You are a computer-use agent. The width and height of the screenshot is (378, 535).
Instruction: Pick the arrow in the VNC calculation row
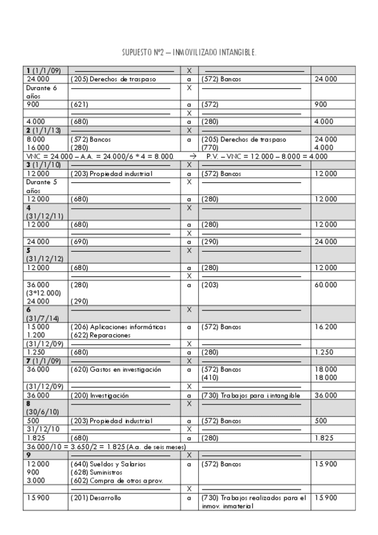point(193,156)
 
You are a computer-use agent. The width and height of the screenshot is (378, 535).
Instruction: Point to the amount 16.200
point(325,327)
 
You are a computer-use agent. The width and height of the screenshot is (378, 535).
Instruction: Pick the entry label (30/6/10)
point(41,411)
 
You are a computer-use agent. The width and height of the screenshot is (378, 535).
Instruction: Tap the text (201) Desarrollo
point(95,498)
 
